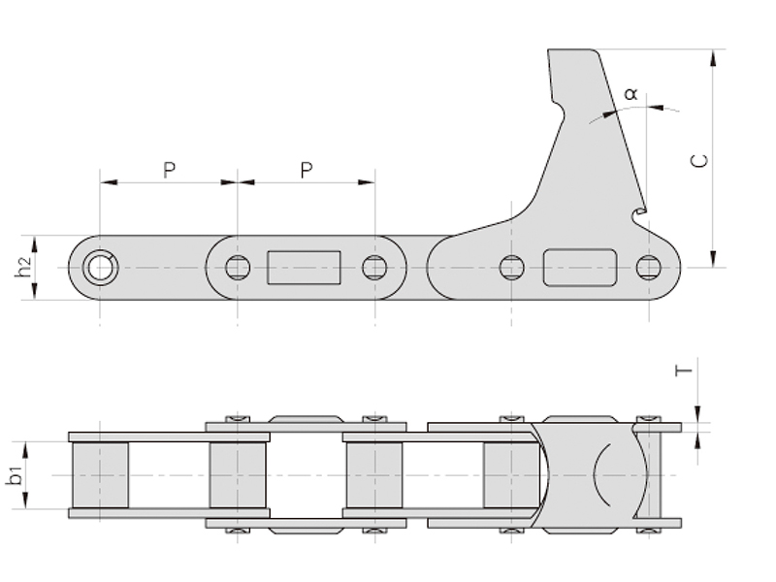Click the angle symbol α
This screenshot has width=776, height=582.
[x=631, y=93]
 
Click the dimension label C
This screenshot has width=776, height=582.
[x=699, y=161]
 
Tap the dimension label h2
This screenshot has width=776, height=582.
[x=22, y=268]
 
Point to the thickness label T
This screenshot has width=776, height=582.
[x=684, y=371]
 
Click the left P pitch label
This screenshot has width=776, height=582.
[x=169, y=171]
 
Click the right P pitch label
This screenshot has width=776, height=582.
[x=307, y=171]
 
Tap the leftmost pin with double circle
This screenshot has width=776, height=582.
[x=101, y=268]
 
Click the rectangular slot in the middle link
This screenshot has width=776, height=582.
[x=304, y=268]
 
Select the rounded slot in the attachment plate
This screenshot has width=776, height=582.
[x=580, y=268]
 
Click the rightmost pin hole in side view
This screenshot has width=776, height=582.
[x=648, y=268]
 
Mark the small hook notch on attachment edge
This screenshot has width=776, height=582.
[x=639, y=213]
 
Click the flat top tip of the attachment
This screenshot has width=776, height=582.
[x=571, y=50]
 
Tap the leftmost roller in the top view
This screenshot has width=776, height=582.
[x=101, y=475]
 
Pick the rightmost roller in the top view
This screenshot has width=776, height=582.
[x=512, y=475]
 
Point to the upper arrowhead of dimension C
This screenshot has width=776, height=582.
[x=713, y=58]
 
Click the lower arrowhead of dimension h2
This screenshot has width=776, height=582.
[x=35, y=291]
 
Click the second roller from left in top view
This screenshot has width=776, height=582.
[x=238, y=475]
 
